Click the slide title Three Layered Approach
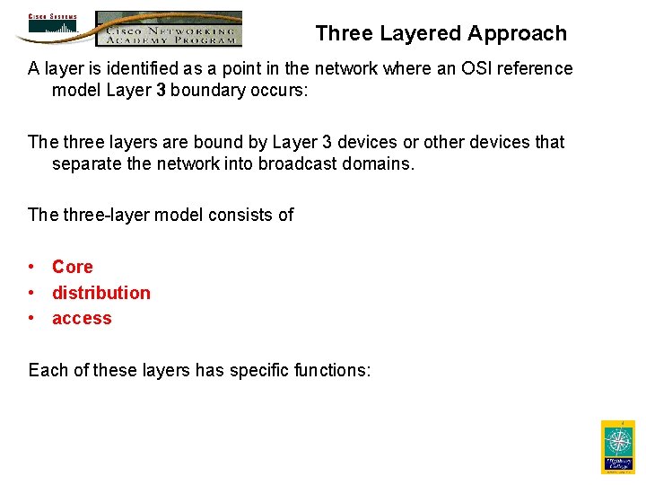coord(441,34)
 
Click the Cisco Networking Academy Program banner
coord(169,29)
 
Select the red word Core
coord(73,267)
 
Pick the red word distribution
coord(101,293)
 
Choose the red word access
coord(82,319)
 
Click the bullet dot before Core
coord(31,267)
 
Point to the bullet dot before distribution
coord(31,293)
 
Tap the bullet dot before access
coord(31,319)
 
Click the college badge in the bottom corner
coord(617,446)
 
